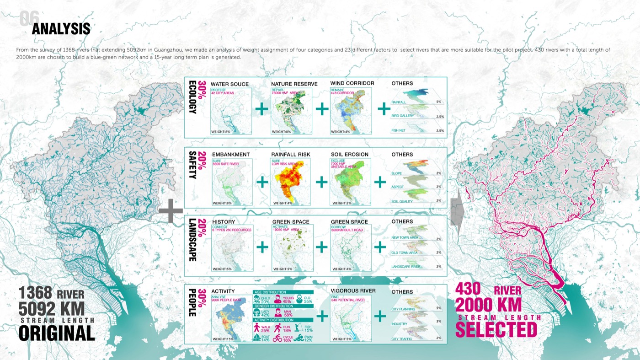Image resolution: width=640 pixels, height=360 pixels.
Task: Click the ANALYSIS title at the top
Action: point(61,29)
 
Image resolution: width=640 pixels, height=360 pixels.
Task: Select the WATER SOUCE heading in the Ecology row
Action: point(229,84)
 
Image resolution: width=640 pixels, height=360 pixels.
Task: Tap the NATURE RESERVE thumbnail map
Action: point(291,111)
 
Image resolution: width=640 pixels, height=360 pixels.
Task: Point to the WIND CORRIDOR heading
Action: point(352,83)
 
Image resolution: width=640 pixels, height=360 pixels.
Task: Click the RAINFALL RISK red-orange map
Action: point(291,182)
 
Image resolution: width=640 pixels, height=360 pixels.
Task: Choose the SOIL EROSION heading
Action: point(349,155)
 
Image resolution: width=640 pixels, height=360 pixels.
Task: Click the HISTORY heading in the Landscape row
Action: point(224,222)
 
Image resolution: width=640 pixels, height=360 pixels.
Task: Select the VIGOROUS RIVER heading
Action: point(353,291)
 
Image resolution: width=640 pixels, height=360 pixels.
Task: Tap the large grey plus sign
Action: point(171,211)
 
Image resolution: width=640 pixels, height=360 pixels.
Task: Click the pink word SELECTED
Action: point(496,329)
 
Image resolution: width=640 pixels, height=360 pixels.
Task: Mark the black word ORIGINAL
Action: point(57,333)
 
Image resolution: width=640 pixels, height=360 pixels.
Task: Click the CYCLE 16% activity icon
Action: point(277,339)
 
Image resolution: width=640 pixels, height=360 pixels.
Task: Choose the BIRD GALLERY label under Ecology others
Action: point(403,116)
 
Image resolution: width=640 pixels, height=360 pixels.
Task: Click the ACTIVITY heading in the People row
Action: point(223,291)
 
